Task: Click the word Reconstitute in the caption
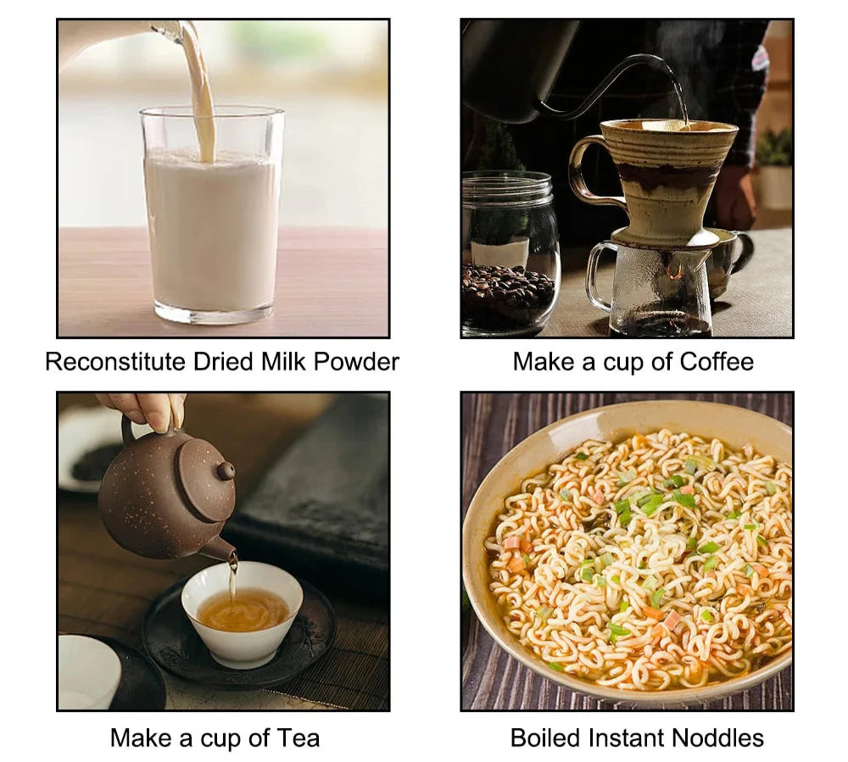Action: [115, 362]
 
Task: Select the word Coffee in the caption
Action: [716, 362]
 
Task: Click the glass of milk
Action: [212, 215]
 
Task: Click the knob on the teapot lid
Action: [226, 470]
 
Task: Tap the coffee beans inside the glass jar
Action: [507, 294]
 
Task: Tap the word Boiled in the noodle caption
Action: [546, 737]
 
